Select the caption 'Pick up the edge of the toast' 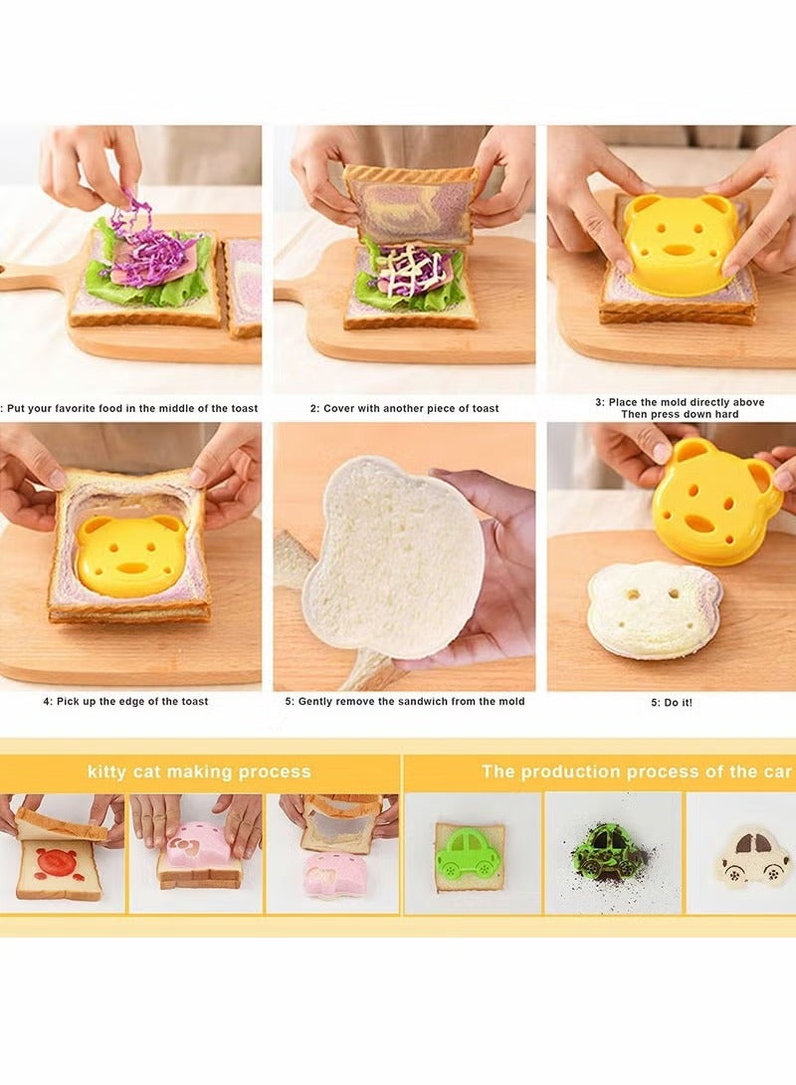coord(125,701)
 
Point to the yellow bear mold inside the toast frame coord(130,552)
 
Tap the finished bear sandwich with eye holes coord(654,608)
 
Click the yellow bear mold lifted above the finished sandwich coord(716,502)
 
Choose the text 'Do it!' coord(679,703)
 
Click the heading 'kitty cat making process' coord(199,771)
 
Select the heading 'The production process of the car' coord(637,771)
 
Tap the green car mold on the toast coord(469,852)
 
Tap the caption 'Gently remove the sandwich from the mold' coord(405,701)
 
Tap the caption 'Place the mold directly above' coord(680,402)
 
